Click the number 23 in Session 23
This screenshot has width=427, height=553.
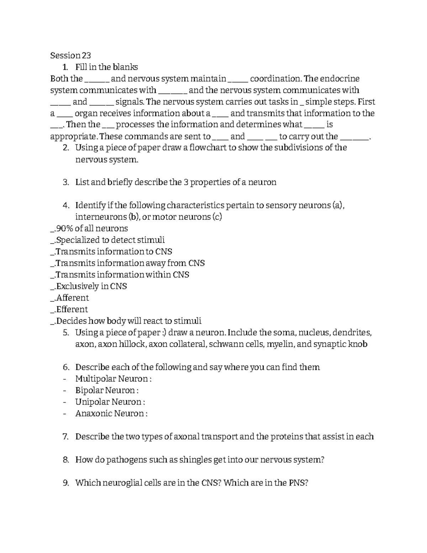[x=86, y=56]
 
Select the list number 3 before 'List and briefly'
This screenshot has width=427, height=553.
[x=65, y=183]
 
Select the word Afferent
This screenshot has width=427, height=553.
[x=73, y=298]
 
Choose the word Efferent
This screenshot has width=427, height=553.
[x=72, y=309]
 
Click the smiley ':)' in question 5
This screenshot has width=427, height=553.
[x=163, y=333]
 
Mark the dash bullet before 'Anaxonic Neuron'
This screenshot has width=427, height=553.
[x=64, y=414]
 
